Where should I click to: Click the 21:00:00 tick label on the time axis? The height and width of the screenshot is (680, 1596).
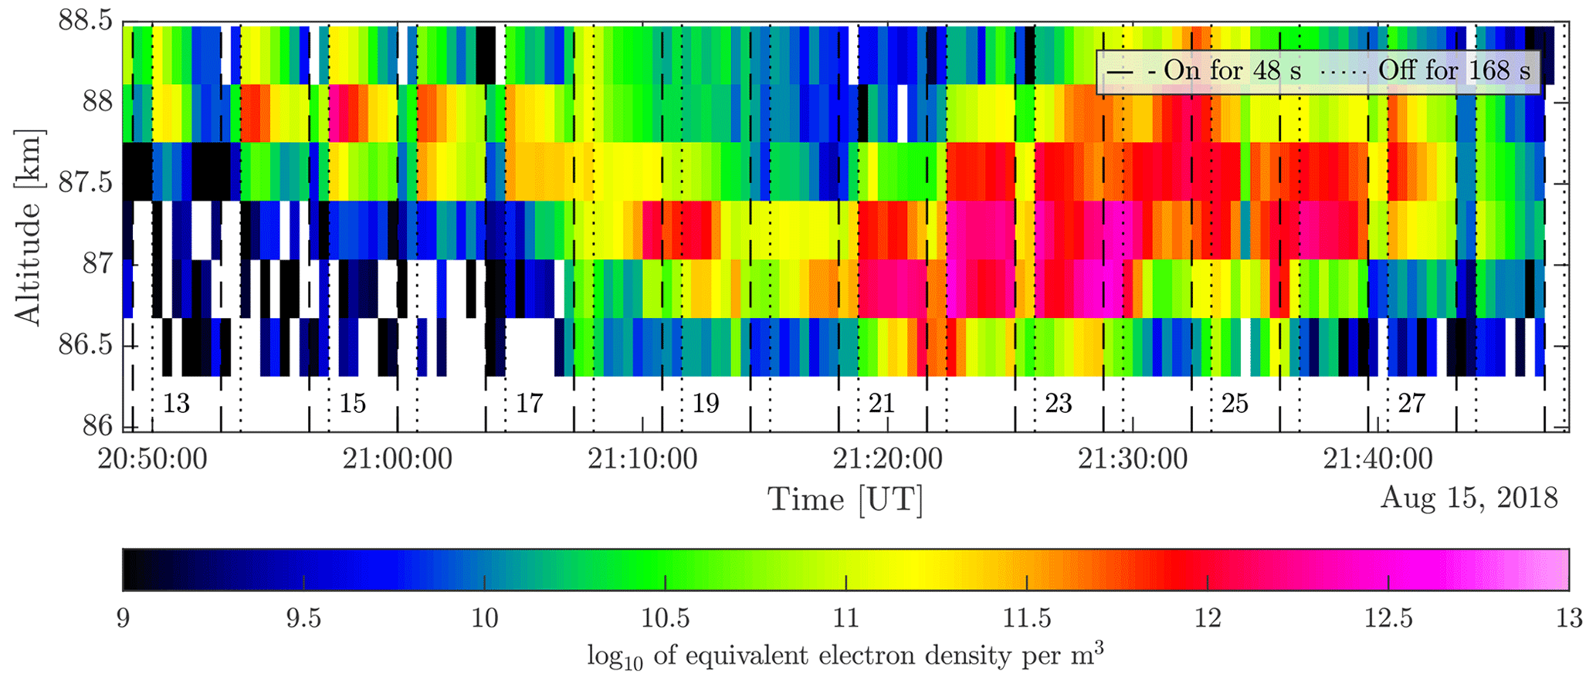pos(398,459)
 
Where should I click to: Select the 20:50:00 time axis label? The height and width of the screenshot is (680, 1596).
pos(152,459)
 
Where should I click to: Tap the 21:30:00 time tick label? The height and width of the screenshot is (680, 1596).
pos(1133,459)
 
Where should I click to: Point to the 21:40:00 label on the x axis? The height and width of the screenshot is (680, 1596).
pos(1378,459)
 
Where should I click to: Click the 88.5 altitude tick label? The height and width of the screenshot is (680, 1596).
pos(85,21)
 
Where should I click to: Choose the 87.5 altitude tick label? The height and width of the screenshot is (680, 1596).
pos(85,184)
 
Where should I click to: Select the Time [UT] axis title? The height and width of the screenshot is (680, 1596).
pos(845,499)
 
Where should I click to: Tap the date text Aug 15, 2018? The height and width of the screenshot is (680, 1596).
pos(1469,498)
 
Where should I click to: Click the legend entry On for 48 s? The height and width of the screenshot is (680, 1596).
pos(1205,71)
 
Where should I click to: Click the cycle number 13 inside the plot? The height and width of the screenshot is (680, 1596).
pos(177,403)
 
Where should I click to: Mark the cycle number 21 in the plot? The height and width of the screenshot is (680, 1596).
pos(882,403)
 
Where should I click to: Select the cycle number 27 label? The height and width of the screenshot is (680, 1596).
pos(1411,403)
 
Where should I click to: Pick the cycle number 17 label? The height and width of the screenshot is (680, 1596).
pos(530,403)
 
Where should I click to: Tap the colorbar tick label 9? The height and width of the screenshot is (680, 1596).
pos(124,620)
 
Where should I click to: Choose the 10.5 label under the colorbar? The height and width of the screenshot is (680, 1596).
pos(666,620)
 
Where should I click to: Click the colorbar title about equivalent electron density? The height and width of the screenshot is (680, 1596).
pos(845,655)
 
